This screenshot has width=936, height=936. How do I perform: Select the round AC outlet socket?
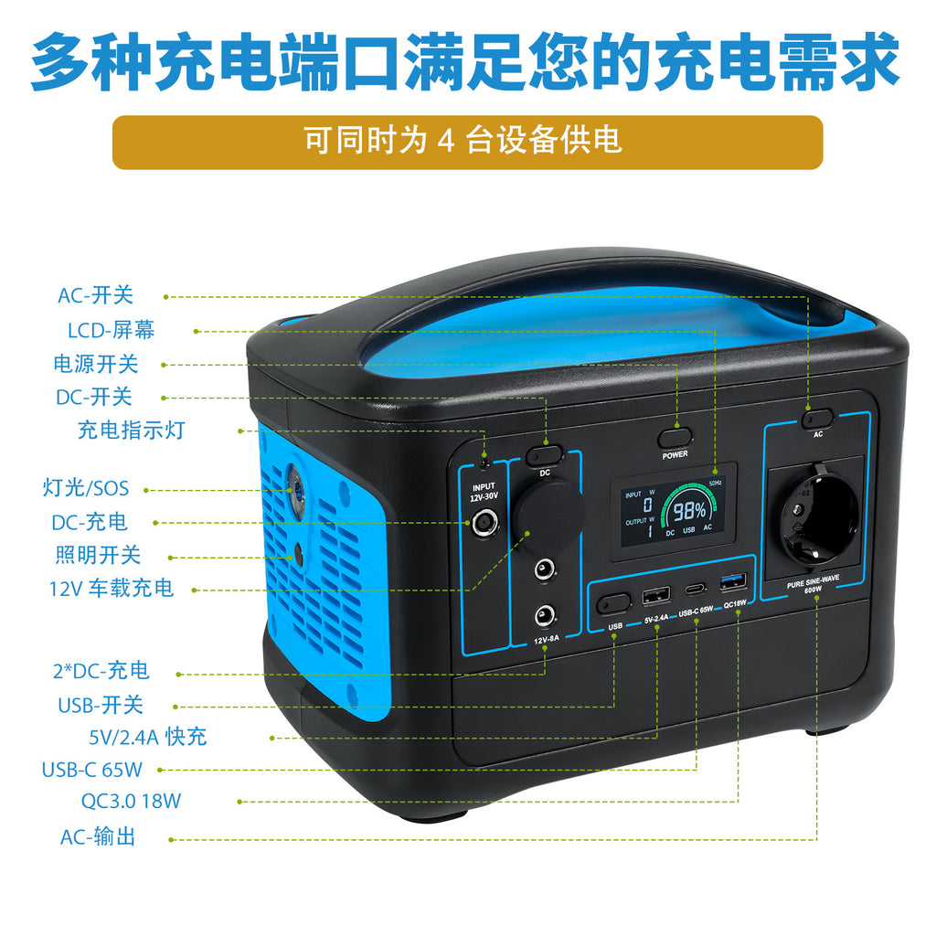(x=816, y=517)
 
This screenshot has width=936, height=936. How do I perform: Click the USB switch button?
(x=614, y=602)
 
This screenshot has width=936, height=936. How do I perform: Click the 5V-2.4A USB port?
(x=655, y=597)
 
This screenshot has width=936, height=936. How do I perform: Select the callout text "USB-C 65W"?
(x=92, y=770)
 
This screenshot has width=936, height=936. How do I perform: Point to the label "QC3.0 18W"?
(x=132, y=802)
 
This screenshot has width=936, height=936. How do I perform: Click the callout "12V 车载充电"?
(x=112, y=589)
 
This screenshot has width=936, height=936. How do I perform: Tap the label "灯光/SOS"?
(x=87, y=488)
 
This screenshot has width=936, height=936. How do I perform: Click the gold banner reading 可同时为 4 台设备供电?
(x=467, y=142)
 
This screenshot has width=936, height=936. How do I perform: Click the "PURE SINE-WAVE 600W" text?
(x=814, y=586)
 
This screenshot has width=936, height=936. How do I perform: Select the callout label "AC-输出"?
(x=98, y=836)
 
